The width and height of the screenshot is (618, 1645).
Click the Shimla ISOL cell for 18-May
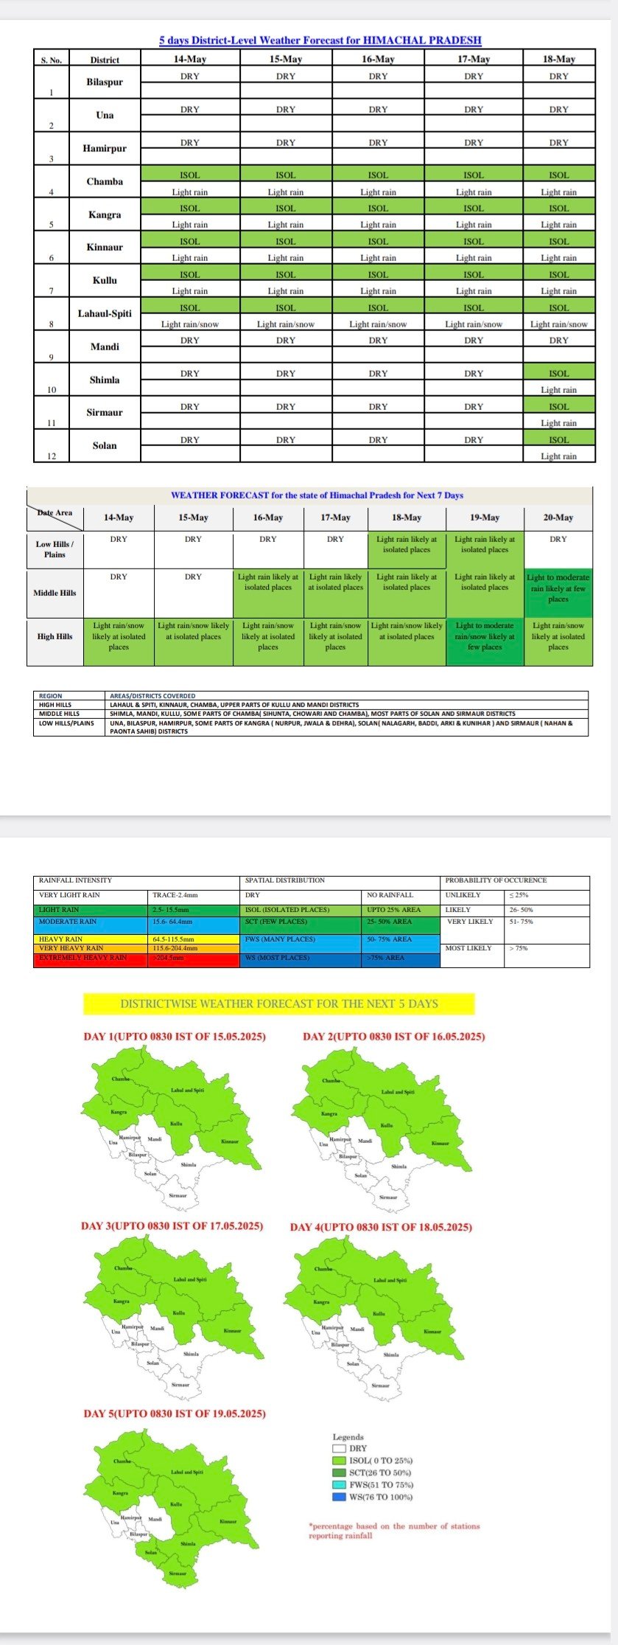pyautogui.click(x=558, y=374)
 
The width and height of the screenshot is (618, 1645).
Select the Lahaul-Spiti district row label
pyautogui.click(x=105, y=313)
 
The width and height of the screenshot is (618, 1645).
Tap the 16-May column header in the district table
pyautogui.click(x=378, y=59)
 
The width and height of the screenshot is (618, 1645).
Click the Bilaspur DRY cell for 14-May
pyautogui.click(x=189, y=76)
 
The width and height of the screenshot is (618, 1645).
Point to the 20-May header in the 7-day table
pyautogui.click(x=558, y=518)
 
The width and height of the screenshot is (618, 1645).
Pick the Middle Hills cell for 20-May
pyautogui.click(x=558, y=588)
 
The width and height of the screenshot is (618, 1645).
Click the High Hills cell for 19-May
pyautogui.click(x=485, y=636)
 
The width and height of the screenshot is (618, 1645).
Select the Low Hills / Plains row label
pyautogui.click(x=55, y=549)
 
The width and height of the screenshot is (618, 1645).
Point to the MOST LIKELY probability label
pyautogui.click(x=468, y=948)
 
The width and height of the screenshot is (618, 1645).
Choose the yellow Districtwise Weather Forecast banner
pyautogui.click(x=279, y=1004)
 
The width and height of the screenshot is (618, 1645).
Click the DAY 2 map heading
pyautogui.click(x=394, y=1037)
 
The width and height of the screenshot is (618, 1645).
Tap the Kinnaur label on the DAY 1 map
pyautogui.click(x=230, y=1142)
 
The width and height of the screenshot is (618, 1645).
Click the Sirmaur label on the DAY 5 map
pyautogui.click(x=178, y=1573)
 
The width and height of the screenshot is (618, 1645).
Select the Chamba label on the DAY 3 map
pyautogui.click(x=123, y=1268)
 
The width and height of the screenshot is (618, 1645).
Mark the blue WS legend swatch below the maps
pyautogui.click(x=339, y=1497)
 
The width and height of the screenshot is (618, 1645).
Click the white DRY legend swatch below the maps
pyautogui.click(x=339, y=1448)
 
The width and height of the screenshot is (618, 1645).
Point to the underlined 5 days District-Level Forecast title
pyautogui.click(x=320, y=41)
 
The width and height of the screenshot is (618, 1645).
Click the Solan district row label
pyautogui.click(x=105, y=445)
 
